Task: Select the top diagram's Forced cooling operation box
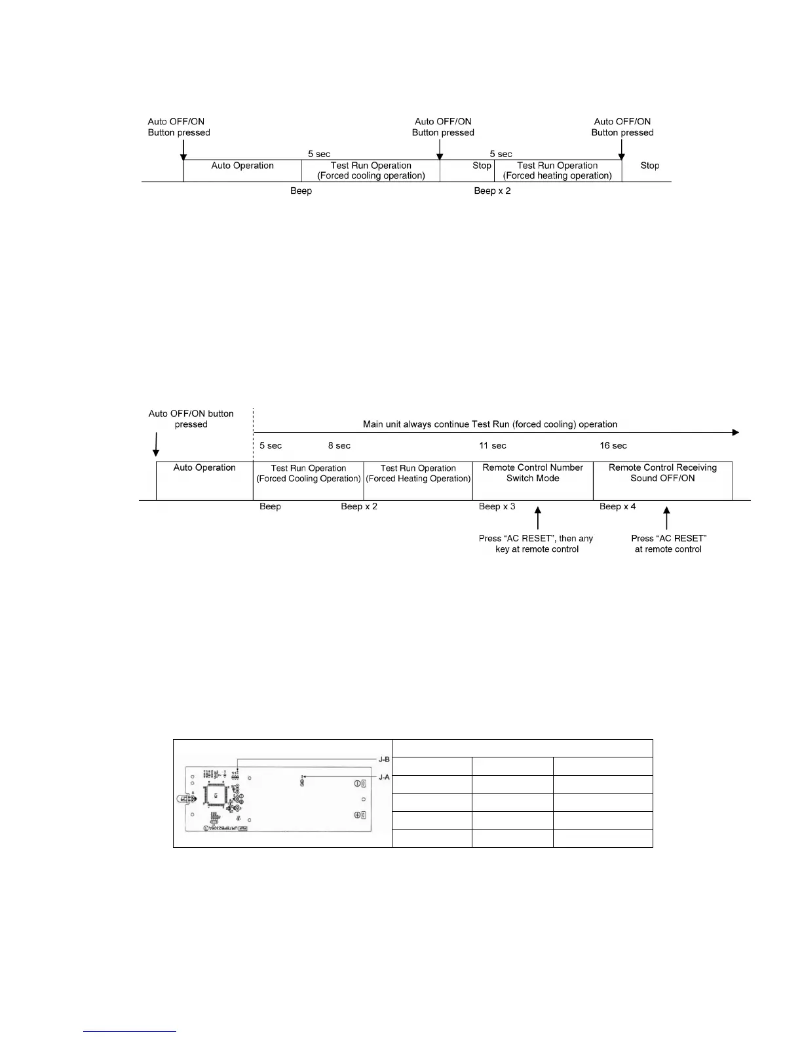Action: coord(371,170)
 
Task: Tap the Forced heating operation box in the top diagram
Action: coord(558,170)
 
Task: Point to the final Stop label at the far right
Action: coord(650,166)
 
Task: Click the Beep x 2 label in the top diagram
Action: coord(492,191)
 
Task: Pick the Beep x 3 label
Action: coord(497,507)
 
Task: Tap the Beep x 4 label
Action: coord(617,507)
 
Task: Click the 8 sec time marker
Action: coord(339,446)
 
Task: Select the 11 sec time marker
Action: coord(493,446)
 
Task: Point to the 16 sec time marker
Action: coord(613,446)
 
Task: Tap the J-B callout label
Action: coord(384,759)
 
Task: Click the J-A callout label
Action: coord(384,777)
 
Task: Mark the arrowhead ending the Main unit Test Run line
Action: coord(735,433)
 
